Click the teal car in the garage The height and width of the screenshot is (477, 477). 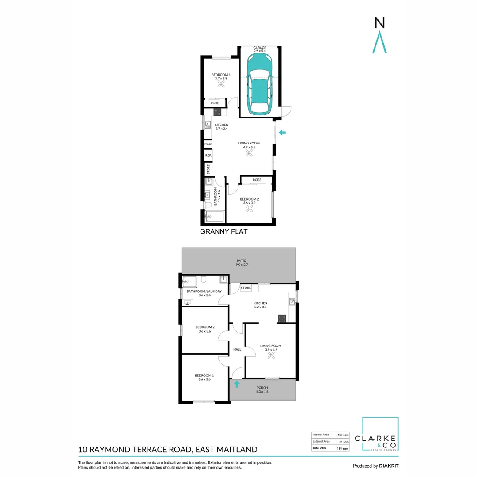click(260, 84)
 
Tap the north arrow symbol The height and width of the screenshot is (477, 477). click(380, 42)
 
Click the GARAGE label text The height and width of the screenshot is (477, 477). click(260, 48)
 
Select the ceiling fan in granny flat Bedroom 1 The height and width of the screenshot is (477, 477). click(221, 84)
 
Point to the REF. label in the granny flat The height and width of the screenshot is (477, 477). click(208, 155)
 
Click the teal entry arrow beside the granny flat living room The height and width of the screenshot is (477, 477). click(282, 132)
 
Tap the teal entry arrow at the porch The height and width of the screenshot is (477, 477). click(237, 384)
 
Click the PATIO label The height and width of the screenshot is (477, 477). click(242, 261)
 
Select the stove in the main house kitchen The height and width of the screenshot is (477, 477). click(282, 319)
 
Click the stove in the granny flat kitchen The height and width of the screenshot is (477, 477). click(217, 112)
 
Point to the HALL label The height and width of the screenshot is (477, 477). click(237, 349)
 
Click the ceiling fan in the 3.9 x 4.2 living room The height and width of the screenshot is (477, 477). click(271, 355)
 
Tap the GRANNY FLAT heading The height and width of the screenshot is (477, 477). click(223, 231)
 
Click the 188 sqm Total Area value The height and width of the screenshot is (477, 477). click(343, 448)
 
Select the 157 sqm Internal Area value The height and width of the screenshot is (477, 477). click(343, 435)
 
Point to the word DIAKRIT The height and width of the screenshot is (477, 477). click(389, 466)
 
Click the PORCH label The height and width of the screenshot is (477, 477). click(262, 388)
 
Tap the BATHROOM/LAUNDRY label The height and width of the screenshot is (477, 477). click(204, 291)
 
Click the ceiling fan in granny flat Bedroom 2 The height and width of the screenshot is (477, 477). click(249, 208)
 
